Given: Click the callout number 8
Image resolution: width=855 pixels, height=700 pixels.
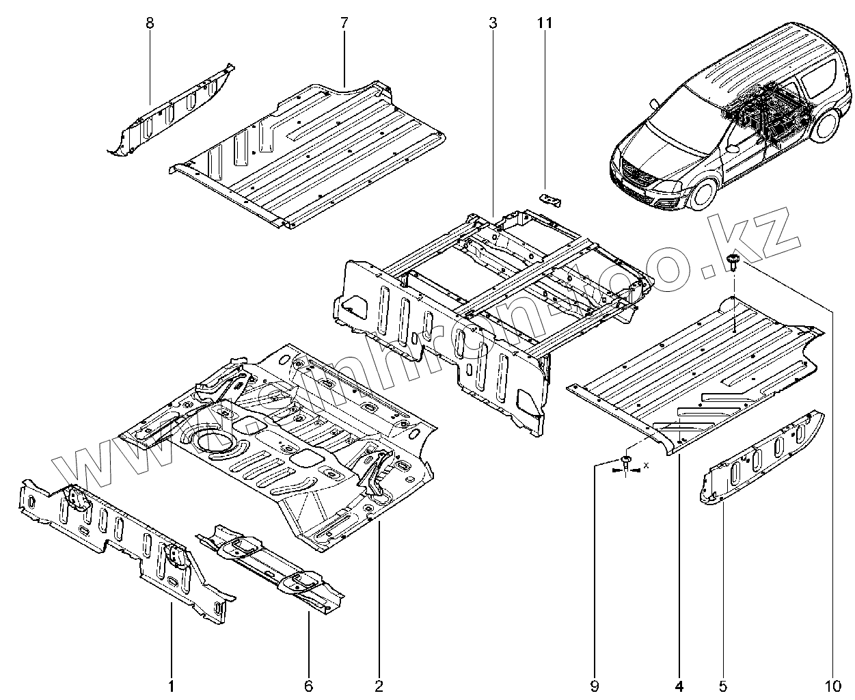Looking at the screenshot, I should tap(150, 23).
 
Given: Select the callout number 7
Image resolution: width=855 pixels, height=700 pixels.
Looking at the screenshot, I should tap(344, 23).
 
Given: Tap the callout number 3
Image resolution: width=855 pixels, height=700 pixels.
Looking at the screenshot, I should tap(492, 23).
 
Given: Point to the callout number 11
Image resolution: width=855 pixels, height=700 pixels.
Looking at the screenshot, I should tap(544, 23).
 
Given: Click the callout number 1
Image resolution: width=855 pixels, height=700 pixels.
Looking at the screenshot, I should tap(171, 686).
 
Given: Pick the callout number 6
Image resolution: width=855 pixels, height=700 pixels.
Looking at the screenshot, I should tap(308, 686).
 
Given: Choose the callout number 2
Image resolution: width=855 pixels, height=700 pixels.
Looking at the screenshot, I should tap(379, 686).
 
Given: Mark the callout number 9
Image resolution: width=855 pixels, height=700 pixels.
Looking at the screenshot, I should tap(594, 686).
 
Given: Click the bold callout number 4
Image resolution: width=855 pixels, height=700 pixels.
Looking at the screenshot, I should tap(679, 686).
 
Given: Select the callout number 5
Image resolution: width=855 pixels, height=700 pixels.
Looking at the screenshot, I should tap(722, 686).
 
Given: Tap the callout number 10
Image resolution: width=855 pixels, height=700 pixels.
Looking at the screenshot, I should tap(832, 686).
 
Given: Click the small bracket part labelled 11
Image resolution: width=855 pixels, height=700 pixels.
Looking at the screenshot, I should tap(550, 200).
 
